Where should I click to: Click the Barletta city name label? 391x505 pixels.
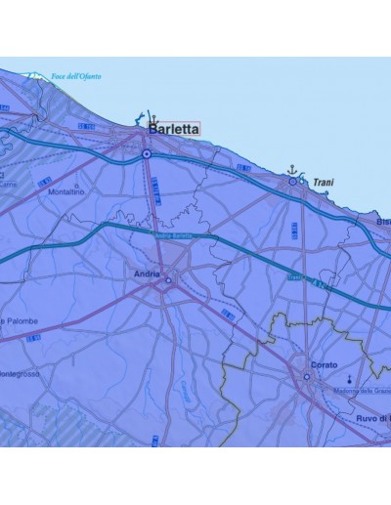click(x=173, y=128)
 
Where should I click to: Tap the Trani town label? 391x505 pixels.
click(x=324, y=183)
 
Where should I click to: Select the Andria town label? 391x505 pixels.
click(x=146, y=274)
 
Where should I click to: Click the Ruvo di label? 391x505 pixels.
click(x=373, y=418)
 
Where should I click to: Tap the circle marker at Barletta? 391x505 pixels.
click(x=146, y=153)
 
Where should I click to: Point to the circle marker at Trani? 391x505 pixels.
click(x=290, y=183)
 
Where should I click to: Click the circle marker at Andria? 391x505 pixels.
click(x=168, y=280)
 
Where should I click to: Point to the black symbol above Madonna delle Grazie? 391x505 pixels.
click(x=349, y=377)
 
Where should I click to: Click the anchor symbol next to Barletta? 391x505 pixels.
click(x=152, y=116)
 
